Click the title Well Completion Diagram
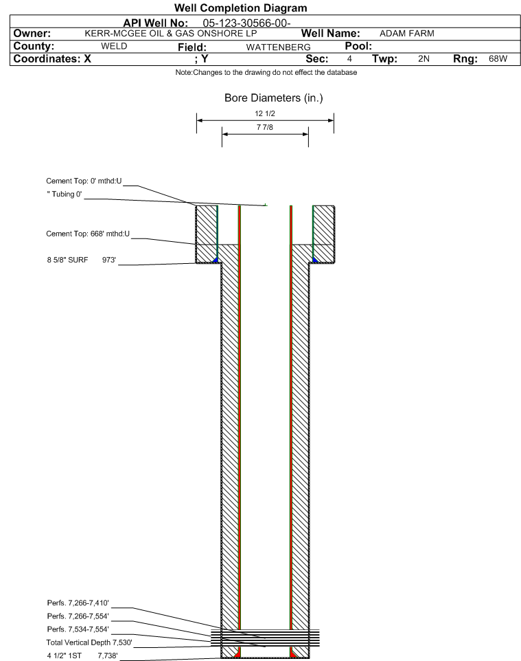[240, 8]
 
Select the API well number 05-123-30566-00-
[247, 23]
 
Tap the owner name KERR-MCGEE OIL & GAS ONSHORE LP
[171, 34]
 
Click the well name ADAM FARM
[407, 34]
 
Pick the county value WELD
[114, 46]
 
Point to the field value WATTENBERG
[279, 47]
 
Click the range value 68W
[498, 58]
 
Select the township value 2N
[424, 58]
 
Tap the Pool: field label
[358, 46]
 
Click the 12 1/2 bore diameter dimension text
[265, 113]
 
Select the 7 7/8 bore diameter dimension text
[265, 127]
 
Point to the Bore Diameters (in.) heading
[274, 98]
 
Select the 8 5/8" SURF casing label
[67, 260]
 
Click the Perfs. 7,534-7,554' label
[78, 629]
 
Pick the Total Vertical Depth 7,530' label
[89, 642]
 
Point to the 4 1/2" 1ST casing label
[64, 656]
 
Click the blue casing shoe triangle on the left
[216, 260]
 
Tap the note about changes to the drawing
[266, 73]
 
